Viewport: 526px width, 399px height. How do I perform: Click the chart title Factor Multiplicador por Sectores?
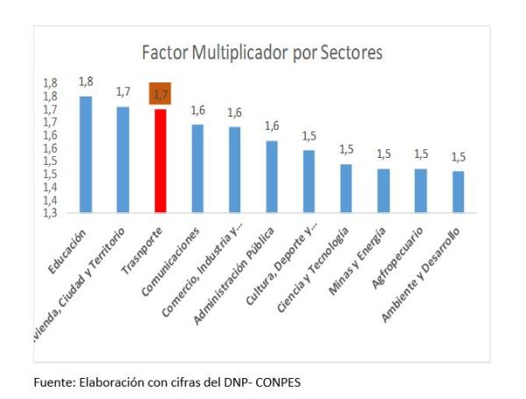[x=262, y=53]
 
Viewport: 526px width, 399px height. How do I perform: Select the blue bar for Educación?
[x=85, y=154]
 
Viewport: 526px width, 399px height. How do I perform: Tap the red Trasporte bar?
[x=160, y=160]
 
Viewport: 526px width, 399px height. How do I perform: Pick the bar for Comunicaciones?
[x=197, y=168]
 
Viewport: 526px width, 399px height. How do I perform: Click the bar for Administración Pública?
[x=272, y=176]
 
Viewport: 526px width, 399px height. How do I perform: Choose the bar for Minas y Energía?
[x=383, y=190]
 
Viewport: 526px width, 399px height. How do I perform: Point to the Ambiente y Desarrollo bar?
[x=458, y=191]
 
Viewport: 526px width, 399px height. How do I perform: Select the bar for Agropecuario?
[x=421, y=190]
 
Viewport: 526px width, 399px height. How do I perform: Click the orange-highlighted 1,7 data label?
[x=160, y=93]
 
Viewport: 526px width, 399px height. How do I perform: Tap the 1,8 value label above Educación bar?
[x=85, y=81]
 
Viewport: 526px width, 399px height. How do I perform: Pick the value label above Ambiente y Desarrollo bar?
[x=458, y=157]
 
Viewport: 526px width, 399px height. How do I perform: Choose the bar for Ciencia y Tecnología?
[x=346, y=188]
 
